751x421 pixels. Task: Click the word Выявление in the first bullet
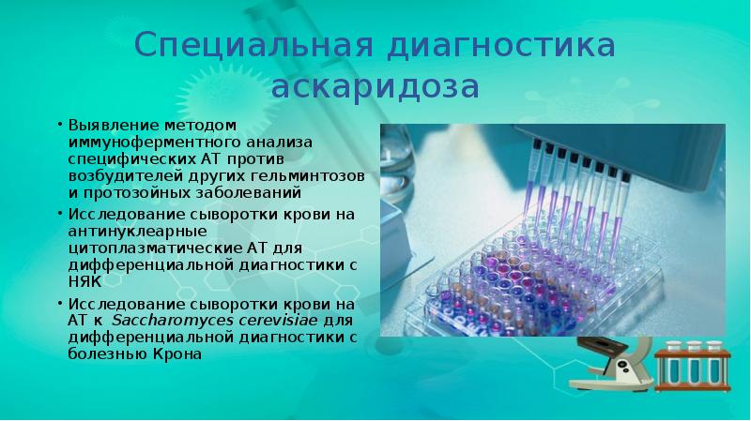click(100, 126)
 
